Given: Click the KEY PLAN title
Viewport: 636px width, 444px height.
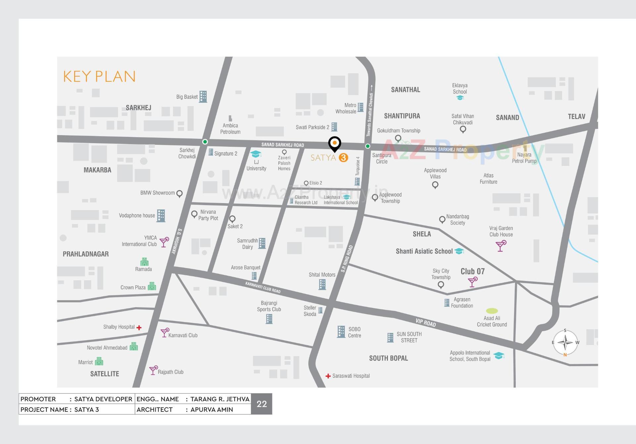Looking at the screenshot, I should coord(99,77).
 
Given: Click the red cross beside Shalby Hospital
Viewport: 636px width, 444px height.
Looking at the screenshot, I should coord(139,328).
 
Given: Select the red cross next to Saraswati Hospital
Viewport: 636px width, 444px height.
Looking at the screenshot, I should coord(328,376).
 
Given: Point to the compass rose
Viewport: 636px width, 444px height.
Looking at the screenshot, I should coord(565,343).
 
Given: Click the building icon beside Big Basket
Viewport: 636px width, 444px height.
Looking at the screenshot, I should coord(203,96).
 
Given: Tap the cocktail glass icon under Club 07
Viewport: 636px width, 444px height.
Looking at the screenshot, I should coord(473,282).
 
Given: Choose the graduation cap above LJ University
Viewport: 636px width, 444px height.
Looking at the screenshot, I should coord(256,154).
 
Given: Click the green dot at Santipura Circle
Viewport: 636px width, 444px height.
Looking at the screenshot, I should coord(368,146).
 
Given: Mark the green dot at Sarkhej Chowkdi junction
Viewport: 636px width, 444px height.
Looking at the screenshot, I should coord(205,142).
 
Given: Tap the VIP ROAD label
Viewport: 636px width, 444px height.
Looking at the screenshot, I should coord(426,322).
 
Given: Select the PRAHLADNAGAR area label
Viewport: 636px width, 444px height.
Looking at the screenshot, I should coord(86,254).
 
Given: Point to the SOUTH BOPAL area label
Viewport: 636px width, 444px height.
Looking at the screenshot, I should coord(389,358).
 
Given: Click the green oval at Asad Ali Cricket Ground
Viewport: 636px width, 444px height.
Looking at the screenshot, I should coord(492,311).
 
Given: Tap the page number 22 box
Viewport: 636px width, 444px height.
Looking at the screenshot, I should coord(262,404).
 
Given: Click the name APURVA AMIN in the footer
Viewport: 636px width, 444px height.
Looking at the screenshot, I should coord(212,410).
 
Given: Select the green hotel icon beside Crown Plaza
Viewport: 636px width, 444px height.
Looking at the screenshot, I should coord(152,286).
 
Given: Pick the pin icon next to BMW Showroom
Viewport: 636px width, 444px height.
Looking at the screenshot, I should coord(180,194).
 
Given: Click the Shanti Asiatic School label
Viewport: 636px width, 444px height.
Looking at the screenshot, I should coord(424,251).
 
